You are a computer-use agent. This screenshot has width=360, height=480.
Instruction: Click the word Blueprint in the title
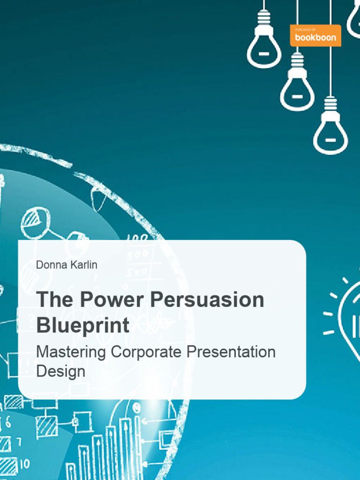click(82, 325)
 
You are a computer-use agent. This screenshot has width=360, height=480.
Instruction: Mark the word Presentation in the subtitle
click(232, 352)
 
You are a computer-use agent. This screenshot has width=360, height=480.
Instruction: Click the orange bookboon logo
click(315, 36)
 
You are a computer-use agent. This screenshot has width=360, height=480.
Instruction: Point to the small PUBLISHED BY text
click(305, 30)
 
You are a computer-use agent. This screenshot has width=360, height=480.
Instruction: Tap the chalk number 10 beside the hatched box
click(23, 464)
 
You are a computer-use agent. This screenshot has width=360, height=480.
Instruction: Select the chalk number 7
click(19, 442)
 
